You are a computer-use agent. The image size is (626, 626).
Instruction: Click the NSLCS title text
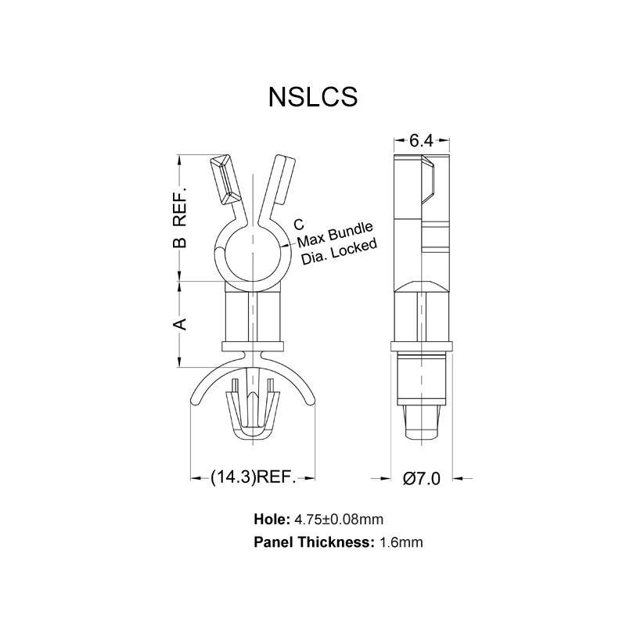(x=313, y=96)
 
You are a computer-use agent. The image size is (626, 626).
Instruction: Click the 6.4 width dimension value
(x=421, y=141)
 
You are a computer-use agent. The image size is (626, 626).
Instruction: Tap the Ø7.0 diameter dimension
(x=421, y=478)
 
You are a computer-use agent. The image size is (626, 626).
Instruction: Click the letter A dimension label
(x=179, y=323)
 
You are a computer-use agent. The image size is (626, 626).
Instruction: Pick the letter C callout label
(x=298, y=225)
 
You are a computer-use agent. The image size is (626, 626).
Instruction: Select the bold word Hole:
(x=272, y=519)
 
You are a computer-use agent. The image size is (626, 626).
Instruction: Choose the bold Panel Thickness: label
(x=314, y=541)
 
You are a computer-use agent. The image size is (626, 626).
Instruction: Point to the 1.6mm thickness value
(x=401, y=541)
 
